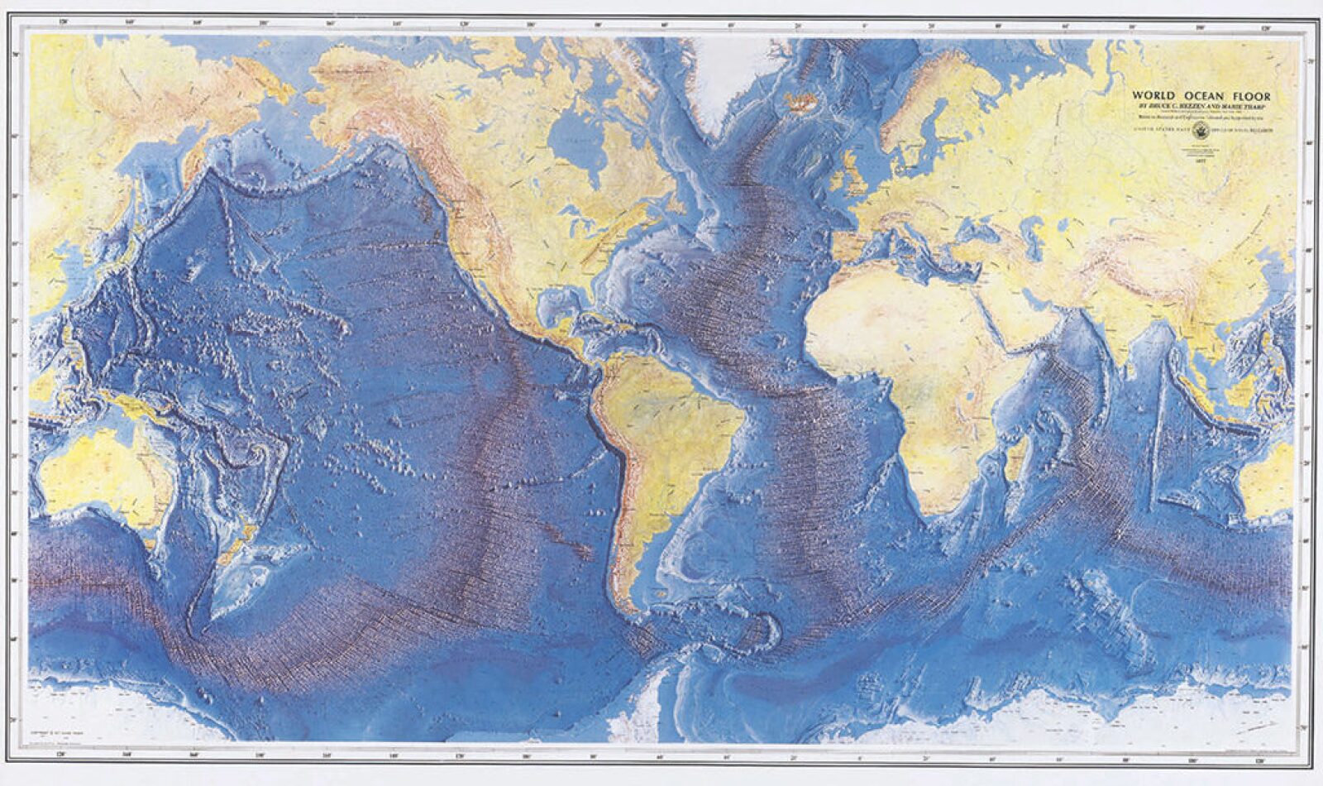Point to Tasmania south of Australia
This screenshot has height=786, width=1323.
tap(149, 542)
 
